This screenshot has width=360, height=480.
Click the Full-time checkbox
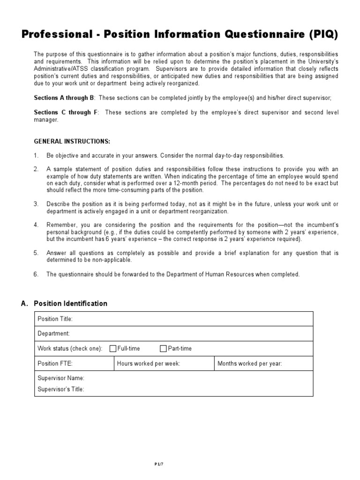pyautogui.click(x=113, y=348)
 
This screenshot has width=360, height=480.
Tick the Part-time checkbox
pyautogui.click(x=163, y=348)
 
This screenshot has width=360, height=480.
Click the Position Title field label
pyautogui.click(x=55, y=319)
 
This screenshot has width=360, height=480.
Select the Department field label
pyautogui.click(x=53, y=333)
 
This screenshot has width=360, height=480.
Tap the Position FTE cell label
pyautogui.click(x=55, y=363)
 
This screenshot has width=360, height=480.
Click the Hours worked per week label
pyautogui.click(x=148, y=363)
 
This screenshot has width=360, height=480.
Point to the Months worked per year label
pyautogui.click(x=250, y=363)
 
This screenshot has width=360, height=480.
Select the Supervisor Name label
pyautogui.click(x=60, y=378)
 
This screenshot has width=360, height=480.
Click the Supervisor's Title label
pyautogui.click(x=60, y=389)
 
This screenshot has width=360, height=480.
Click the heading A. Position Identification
pyautogui.click(x=64, y=304)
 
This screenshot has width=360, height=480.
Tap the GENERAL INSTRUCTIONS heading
pyautogui.click(x=72, y=141)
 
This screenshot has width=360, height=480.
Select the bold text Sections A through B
pyautogui.click(x=64, y=97)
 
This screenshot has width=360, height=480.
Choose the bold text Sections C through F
pyautogui.click(x=64, y=112)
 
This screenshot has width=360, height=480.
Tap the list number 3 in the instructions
pyautogui.click(x=36, y=204)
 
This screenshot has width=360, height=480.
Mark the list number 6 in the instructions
pyautogui.click(x=36, y=274)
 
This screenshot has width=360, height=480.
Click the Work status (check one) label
pyautogui.click(x=70, y=348)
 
